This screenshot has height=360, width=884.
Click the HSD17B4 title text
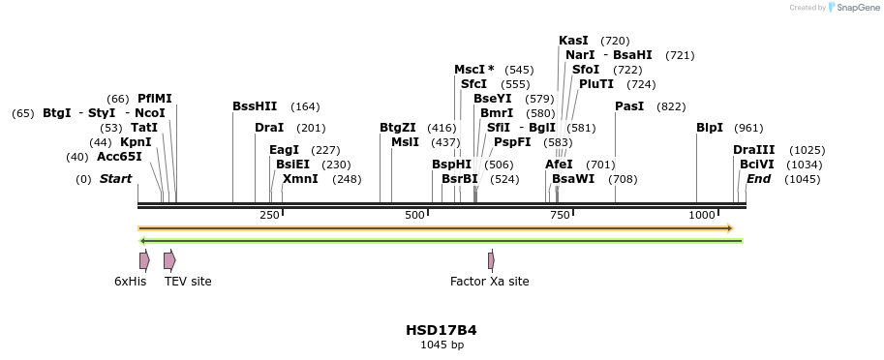tap(441, 330)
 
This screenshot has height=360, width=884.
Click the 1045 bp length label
tap(441, 345)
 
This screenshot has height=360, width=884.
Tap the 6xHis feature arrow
tap(144, 260)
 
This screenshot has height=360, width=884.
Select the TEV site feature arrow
tap(169, 260)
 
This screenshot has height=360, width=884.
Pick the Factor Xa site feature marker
tap(491, 260)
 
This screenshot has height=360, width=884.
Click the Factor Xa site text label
tap(489, 282)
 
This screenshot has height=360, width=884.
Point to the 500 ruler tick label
tap(414, 215)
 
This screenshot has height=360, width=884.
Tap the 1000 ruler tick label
tap(702, 215)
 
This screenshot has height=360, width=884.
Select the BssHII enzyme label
tap(255, 106)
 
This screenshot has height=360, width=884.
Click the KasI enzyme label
tap(574, 41)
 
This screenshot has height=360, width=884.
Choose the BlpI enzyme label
tap(710, 128)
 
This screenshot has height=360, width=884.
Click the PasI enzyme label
tap(629, 106)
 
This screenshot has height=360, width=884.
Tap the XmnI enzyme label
tap(300, 179)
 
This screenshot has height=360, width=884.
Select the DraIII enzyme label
tap(753, 150)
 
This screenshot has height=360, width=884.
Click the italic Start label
tap(115, 179)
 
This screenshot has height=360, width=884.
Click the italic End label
tap(758, 179)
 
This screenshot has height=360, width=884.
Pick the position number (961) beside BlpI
tap(748, 128)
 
